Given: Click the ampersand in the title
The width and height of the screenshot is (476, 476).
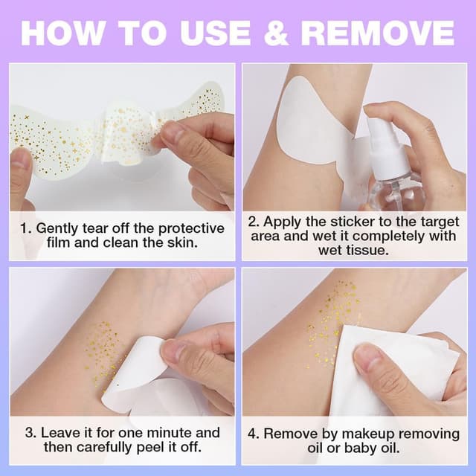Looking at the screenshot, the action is point(276,33).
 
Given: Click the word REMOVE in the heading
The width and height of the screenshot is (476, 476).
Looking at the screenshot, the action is point(377,33).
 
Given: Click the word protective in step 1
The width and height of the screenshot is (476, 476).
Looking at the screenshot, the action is point(191,229).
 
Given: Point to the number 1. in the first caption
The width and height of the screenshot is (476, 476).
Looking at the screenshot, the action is point(26,228).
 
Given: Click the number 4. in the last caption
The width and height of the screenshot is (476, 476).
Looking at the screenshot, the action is point(254,434).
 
